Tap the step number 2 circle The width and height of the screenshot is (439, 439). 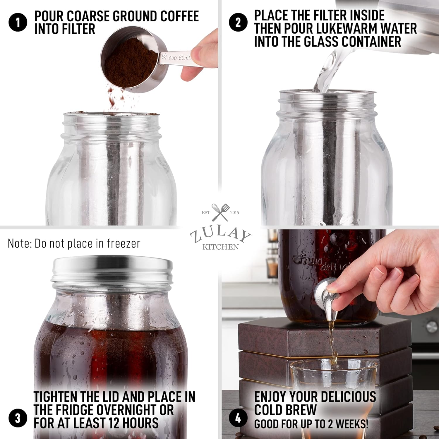(238, 23)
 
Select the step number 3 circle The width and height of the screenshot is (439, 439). (18, 418)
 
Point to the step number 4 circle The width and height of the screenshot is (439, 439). (238, 418)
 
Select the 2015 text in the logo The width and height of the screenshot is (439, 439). (234, 212)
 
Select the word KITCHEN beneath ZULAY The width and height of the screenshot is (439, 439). (220, 247)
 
